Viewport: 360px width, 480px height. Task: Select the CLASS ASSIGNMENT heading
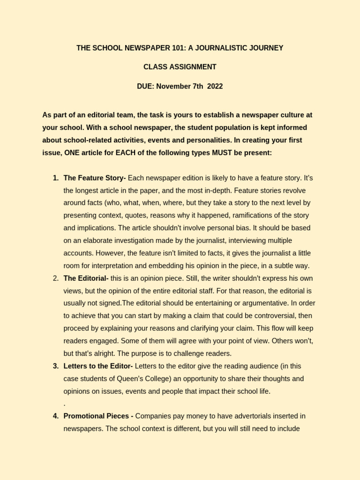click(180, 67)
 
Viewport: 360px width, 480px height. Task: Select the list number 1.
click(55, 178)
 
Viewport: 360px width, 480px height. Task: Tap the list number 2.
click(55, 278)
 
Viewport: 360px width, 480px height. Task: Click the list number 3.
click(55, 366)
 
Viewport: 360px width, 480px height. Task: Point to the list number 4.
click(55, 416)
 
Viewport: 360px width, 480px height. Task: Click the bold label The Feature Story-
click(95, 178)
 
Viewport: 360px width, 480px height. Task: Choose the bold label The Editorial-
click(86, 278)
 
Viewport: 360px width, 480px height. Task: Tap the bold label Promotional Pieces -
click(98, 416)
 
